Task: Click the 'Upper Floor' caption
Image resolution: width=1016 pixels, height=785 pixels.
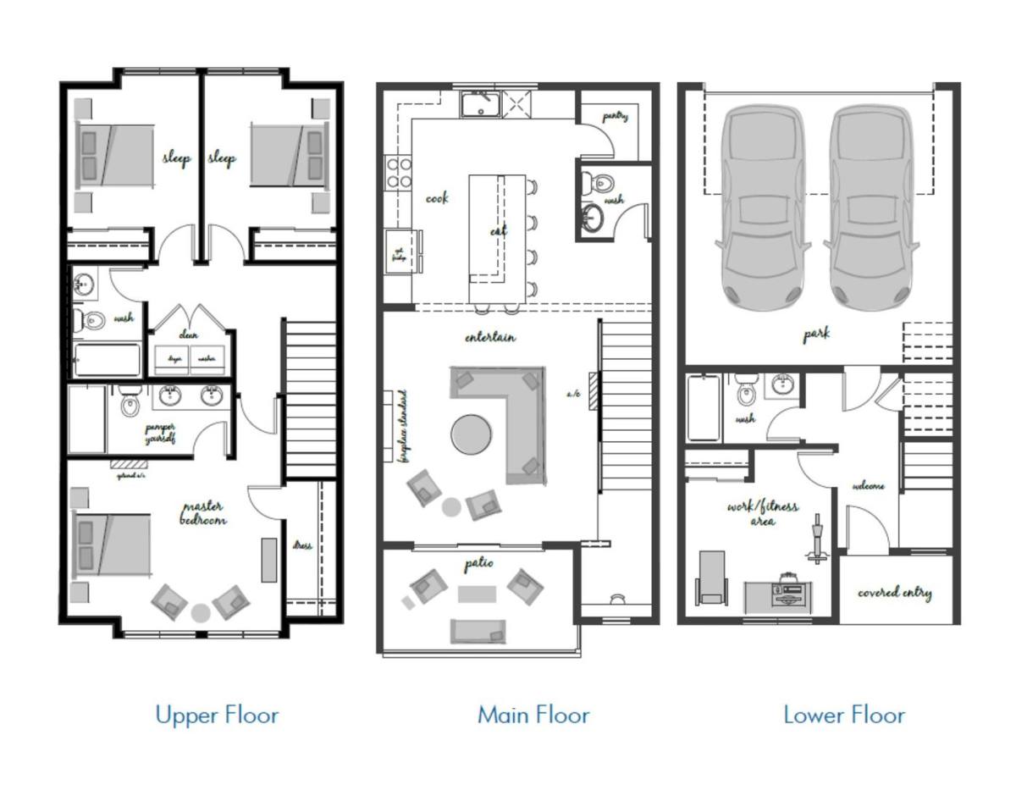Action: tap(217, 715)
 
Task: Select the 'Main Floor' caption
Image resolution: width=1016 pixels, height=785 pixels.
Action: tap(533, 715)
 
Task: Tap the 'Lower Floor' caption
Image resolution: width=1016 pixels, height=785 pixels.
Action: tap(844, 715)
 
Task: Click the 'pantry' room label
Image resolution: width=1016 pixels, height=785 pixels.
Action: tap(616, 116)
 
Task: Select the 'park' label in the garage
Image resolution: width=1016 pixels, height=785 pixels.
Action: tap(816, 334)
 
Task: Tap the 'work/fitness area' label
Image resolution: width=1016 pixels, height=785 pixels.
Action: tap(762, 513)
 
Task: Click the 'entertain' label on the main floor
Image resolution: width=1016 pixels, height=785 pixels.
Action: tap(489, 337)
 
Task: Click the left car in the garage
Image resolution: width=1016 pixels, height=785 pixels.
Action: tap(762, 207)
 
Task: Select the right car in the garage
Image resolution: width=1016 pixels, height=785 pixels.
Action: tap(872, 207)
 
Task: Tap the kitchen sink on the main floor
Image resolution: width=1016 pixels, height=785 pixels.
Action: tap(480, 105)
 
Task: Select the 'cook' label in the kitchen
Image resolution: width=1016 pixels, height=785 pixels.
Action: tap(437, 198)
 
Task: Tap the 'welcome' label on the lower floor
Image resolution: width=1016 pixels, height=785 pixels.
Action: tap(868, 486)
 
